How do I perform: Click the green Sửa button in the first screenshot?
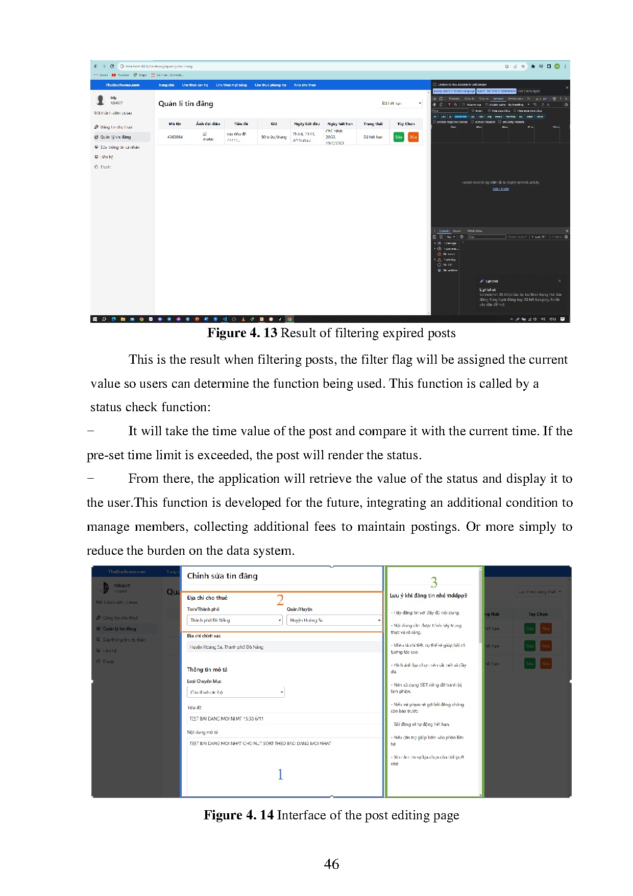399,137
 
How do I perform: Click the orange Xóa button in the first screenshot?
413,137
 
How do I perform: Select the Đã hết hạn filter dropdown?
401,103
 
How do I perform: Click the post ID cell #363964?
175,137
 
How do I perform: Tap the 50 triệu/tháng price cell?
274,137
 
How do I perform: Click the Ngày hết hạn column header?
340,124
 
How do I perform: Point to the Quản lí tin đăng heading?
186,104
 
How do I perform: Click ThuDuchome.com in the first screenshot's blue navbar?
123,85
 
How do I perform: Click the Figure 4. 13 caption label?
242,333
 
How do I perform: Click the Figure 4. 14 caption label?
238,815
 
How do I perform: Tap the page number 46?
331,864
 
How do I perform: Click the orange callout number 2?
280,600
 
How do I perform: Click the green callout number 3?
434,582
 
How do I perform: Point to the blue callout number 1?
280,774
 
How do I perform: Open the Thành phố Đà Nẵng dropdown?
235,620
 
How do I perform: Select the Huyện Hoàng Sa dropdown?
334,620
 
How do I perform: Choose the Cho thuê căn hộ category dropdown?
235,692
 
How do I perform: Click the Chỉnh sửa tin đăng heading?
222,576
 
